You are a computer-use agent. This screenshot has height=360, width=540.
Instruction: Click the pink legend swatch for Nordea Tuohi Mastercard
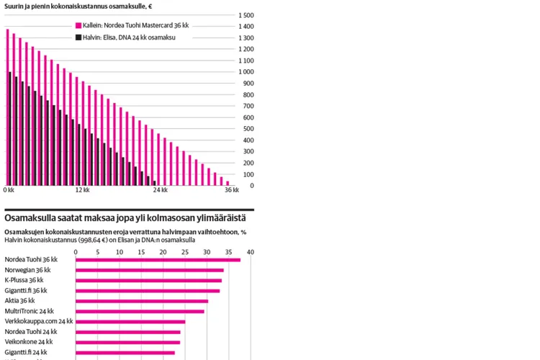78,25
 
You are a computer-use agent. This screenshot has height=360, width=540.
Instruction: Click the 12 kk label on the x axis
82,191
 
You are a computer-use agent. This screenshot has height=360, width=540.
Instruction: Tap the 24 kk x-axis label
160,191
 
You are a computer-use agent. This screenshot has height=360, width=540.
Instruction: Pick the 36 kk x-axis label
231,191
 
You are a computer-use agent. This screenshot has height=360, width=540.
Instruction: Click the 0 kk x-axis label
9,191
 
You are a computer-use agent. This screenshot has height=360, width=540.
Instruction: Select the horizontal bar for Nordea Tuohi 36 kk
158,259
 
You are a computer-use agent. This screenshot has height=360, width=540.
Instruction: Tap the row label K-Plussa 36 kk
24,280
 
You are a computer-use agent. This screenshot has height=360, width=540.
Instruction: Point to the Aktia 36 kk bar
142,301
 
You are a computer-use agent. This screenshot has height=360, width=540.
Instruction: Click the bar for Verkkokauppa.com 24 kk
130,322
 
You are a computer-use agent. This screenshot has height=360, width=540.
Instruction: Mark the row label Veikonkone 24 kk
29,342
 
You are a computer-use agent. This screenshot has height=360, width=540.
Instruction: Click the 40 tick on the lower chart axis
251,252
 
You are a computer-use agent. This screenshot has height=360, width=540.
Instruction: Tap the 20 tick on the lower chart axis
163,252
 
